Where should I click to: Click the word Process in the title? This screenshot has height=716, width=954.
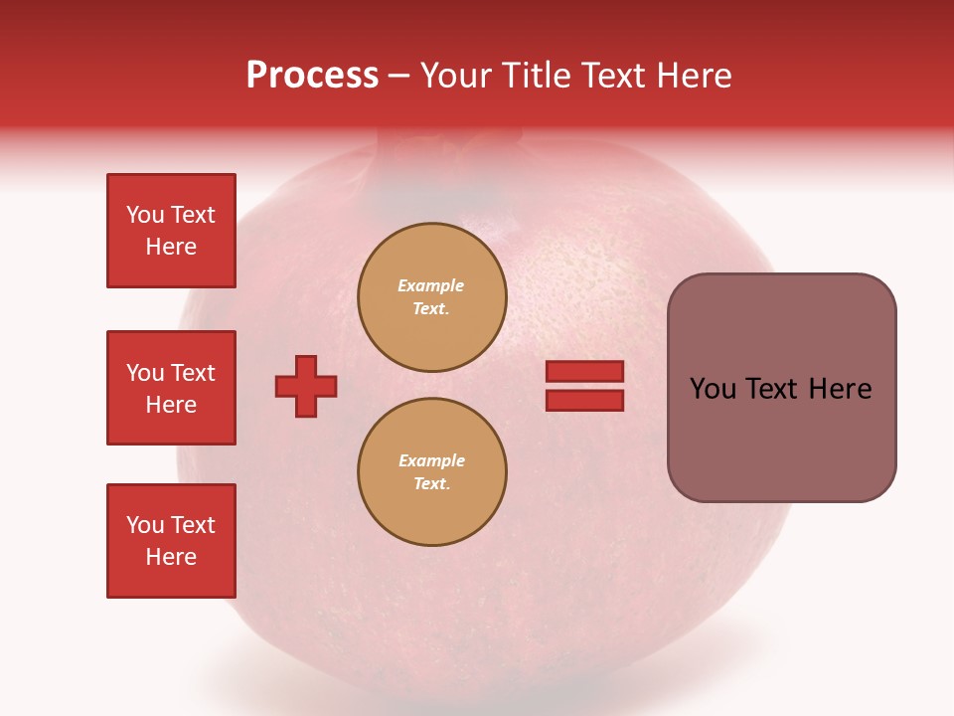pos(312,76)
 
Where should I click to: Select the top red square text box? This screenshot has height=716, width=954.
pos(171,231)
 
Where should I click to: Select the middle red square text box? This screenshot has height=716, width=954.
pos(171,388)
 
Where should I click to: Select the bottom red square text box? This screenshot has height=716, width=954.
pos(171,541)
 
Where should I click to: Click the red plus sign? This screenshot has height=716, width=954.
pos(306,386)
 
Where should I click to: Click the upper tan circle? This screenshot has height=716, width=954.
pos(431,297)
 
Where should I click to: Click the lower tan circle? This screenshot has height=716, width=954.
pos(431,472)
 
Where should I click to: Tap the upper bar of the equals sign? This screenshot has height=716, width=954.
pos(584,372)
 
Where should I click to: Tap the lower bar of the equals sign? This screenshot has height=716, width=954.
pos(584,400)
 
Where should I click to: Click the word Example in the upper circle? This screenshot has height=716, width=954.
pos(430,285)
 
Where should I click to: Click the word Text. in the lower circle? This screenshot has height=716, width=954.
pos(431,484)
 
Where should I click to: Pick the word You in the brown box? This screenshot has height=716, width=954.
pos(713,389)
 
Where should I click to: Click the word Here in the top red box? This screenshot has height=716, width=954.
pos(171,247)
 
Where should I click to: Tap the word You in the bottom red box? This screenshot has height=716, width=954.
pos(145,525)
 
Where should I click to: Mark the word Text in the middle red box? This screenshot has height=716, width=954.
pos(193,373)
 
